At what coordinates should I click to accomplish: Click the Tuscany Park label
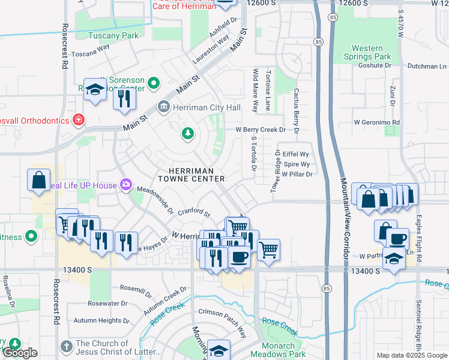[x=114, y=35]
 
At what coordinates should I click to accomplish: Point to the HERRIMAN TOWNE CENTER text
[x=191, y=175]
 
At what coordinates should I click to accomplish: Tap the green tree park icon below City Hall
[x=188, y=133]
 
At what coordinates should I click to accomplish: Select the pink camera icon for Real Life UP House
[x=126, y=184]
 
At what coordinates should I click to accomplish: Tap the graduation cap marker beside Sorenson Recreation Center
[x=95, y=90]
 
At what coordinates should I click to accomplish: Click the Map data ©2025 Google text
[x=411, y=355]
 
